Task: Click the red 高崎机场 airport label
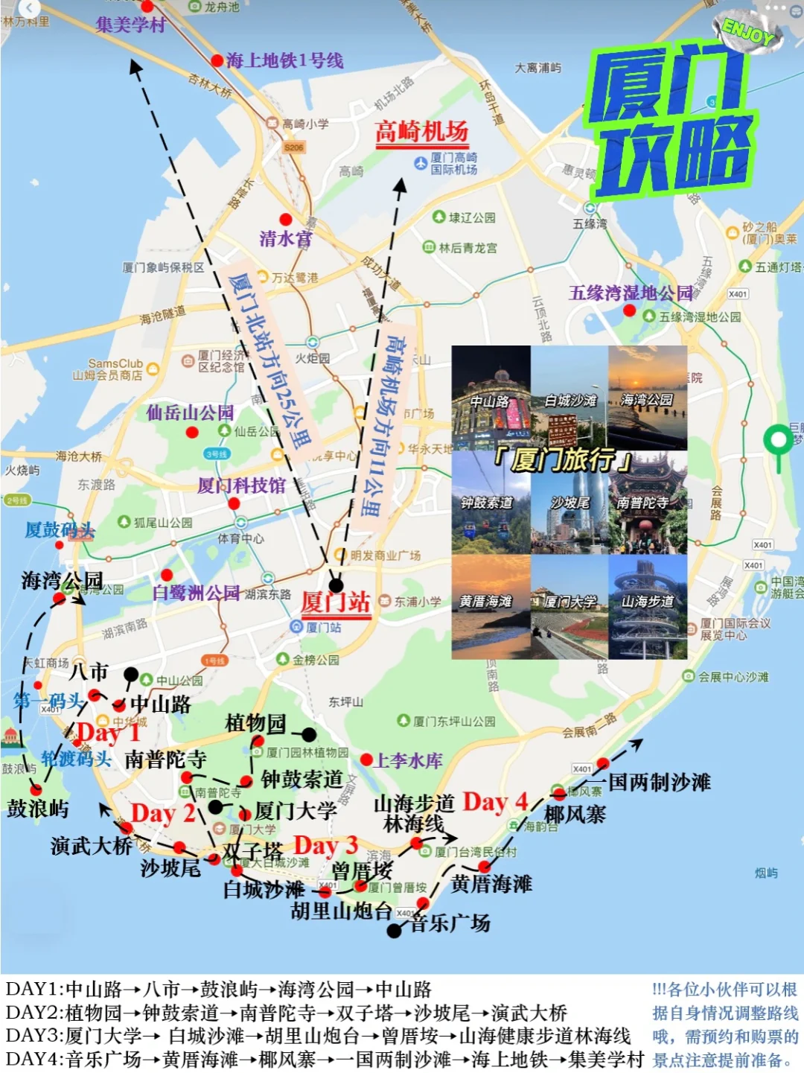coord(421,133)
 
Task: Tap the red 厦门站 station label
coord(336,602)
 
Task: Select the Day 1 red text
coord(108,733)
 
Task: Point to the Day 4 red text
coord(495,802)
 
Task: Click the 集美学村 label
coord(131,25)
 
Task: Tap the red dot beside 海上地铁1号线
coord(217,60)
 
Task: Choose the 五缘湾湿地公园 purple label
coord(631,293)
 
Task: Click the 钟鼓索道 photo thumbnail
coord(491,503)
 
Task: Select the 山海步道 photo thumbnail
coord(647,607)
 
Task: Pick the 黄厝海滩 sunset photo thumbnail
coord(491,607)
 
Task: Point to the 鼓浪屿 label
coord(37,809)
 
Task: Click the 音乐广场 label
coord(450,923)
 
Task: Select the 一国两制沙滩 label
coord(660,782)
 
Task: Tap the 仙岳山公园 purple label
coord(190,412)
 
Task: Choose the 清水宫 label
coord(285,238)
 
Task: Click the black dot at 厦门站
coord(336,585)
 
